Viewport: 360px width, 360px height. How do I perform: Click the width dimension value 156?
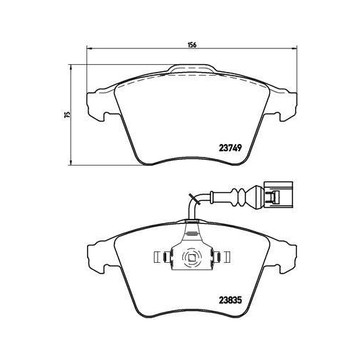(192, 44)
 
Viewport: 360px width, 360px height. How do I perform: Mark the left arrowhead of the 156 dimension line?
(89, 49)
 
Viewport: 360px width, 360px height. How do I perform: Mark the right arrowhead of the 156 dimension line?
(294, 49)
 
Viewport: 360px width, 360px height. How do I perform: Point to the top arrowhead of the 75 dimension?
(71, 66)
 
